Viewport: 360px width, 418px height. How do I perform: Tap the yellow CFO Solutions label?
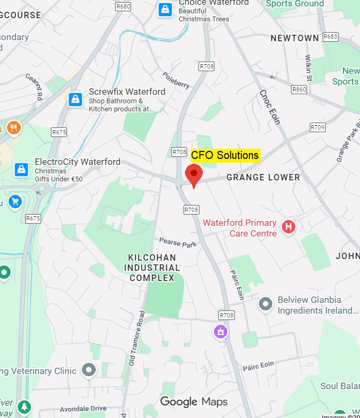225,155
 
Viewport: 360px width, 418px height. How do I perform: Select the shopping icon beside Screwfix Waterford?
75,99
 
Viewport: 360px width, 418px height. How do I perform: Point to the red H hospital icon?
289,226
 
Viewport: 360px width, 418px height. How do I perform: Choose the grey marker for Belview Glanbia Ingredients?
265,305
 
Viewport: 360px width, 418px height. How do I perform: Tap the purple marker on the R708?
220,332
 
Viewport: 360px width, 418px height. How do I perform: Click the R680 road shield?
123,6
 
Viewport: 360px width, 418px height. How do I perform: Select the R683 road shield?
331,36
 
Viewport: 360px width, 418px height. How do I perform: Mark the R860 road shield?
299,89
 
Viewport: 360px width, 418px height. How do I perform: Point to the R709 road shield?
318,127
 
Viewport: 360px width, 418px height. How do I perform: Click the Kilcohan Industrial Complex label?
152,268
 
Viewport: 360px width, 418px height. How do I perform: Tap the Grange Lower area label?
263,177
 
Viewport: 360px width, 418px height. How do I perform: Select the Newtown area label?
294,38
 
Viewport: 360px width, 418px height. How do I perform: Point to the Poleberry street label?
176,80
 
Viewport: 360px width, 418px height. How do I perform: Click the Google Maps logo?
194,401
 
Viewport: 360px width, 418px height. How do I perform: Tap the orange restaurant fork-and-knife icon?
13,128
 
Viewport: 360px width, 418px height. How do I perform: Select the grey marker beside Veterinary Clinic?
89,370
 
